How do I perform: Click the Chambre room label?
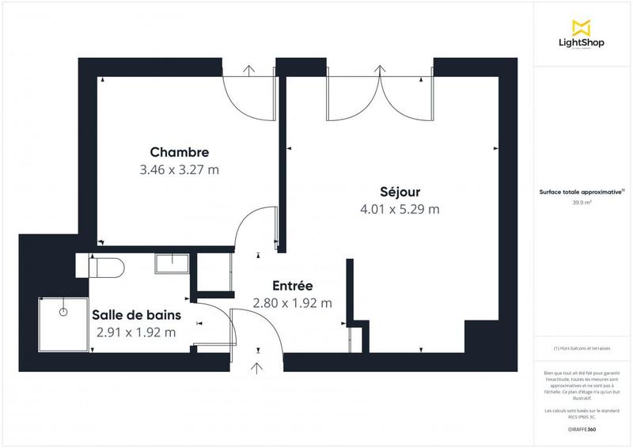coord(179,152)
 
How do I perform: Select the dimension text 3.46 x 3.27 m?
coord(179,169)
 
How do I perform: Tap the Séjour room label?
coord(399,192)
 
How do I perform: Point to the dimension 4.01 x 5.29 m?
coord(399,209)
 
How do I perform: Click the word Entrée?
coord(292,286)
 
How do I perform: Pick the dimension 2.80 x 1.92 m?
coord(292,302)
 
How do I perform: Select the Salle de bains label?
coord(135,315)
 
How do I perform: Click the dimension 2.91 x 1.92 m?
coord(135,332)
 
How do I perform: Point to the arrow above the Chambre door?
coord(249,70)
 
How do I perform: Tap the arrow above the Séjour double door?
coord(381,70)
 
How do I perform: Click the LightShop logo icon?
coord(582,27)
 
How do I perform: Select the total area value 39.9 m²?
coord(582,203)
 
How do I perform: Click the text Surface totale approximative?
coord(581,192)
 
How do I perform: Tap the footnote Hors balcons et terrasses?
coord(582,348)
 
